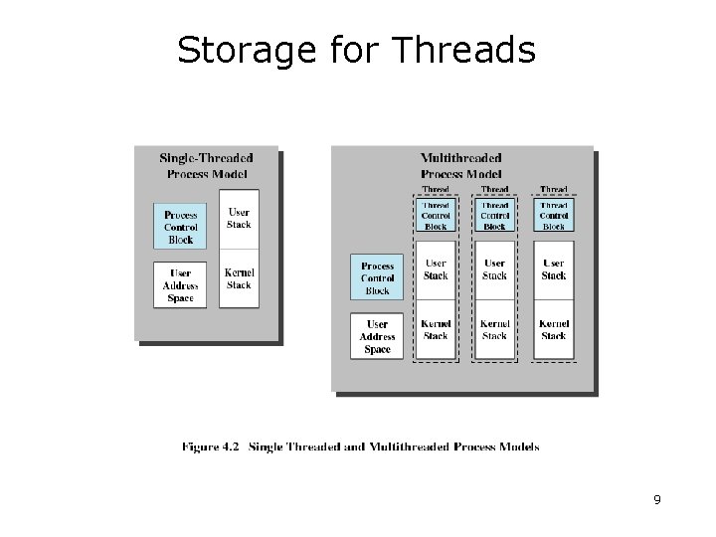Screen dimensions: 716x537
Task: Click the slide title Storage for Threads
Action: click(356, 50)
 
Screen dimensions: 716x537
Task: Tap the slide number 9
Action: click(657, 499)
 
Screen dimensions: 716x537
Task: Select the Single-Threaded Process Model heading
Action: click(206, 166)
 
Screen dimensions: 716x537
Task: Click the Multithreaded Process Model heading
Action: click(461, 166)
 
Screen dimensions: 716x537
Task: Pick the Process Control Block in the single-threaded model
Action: click(181, 227)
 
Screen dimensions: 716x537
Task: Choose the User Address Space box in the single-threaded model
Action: click(181, 286)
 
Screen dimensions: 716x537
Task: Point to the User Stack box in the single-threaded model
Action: click(239, 219)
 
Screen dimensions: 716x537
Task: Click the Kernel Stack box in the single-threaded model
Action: click(239, 278)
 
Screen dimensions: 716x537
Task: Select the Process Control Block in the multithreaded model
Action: click(377, 278)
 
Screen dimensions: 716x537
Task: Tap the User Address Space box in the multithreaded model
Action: click(377, 336)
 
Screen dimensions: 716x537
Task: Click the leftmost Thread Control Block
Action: click(436, 216)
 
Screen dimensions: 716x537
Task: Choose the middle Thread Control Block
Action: click(494, 216)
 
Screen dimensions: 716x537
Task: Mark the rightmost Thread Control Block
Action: click(554, 216)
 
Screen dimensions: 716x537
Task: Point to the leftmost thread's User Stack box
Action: click(436, 269)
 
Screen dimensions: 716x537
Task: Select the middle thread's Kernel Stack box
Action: click(494, 330)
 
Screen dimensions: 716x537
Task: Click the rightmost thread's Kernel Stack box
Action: click(554, 330)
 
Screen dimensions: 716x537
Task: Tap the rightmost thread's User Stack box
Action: click(554, 269)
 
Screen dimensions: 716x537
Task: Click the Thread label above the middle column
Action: click(494, 189)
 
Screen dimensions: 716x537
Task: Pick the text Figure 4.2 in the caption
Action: click(210, 447)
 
